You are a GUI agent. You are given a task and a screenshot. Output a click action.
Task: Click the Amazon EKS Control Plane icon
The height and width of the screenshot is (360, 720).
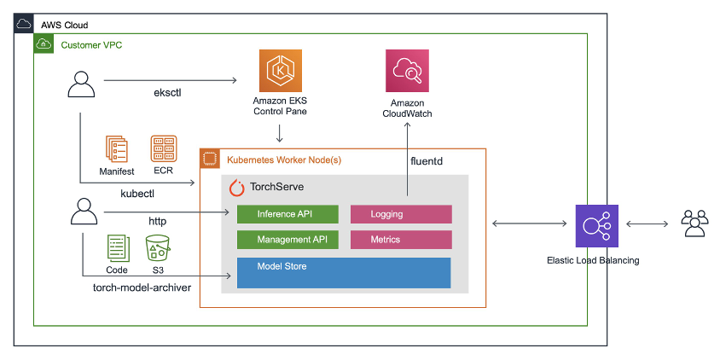pos(280,71)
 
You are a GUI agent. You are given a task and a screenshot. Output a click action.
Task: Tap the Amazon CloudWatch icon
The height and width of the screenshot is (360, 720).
pos(407,71)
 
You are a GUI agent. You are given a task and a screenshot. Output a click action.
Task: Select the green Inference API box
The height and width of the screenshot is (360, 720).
pos(287,214)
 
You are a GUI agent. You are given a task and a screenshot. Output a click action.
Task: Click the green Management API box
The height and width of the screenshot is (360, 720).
pos(287,240)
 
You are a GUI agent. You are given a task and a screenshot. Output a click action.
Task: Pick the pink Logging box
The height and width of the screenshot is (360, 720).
pos(401,214)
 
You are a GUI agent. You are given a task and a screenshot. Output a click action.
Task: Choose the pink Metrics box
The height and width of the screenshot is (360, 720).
pos(401,240)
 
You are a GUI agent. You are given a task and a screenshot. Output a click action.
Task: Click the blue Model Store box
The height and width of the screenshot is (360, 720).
pos(344,273)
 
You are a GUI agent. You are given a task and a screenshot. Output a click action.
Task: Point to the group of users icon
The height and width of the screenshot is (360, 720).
pos(694,224)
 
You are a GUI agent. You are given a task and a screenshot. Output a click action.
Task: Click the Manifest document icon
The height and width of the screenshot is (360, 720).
pos(116,149)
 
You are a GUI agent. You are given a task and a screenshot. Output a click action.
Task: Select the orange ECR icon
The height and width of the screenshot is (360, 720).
pos(163,149)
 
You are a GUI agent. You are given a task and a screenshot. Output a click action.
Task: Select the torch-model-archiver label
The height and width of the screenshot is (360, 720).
pos(141,287)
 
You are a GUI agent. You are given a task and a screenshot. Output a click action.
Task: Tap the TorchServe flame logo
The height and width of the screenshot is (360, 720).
pos(237,188)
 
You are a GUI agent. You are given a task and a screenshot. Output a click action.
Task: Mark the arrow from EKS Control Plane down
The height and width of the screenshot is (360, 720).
pos(280,133)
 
